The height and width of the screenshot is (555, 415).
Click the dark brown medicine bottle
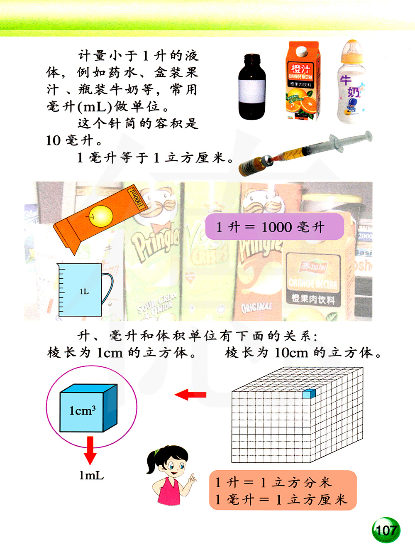(x=252, y=87)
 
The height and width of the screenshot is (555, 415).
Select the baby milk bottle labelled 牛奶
(x=352, y=82)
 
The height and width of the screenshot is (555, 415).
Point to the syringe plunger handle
(x=368, y=137)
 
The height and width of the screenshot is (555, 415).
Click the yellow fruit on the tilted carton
(x=100, y=216)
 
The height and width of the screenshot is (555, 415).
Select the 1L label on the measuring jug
(x=84, y=292)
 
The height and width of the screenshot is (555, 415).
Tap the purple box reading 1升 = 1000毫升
(x=274, y=226)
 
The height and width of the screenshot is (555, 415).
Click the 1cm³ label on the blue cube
(x=82, y=411)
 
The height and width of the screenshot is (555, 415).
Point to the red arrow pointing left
(x=190, y=395)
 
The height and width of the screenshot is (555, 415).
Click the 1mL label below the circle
(x=91, y=476)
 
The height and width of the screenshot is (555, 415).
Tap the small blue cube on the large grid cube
(x=309, y=394)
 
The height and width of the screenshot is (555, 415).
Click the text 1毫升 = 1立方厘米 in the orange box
(x=281, y=499)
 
